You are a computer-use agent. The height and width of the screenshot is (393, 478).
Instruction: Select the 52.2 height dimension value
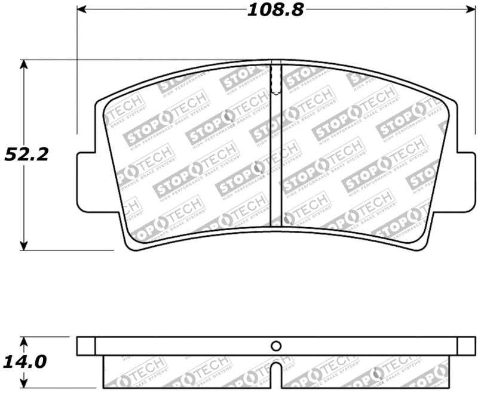point(27,154)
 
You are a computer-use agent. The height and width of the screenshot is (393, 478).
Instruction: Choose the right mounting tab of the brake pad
point(467,182)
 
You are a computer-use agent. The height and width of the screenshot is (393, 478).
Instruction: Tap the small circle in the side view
point(275,346)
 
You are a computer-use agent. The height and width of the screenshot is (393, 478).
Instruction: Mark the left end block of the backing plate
point(86,346)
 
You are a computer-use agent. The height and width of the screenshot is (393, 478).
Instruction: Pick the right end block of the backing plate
point(466,346)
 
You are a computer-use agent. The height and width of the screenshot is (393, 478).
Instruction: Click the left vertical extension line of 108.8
point(77,72)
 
